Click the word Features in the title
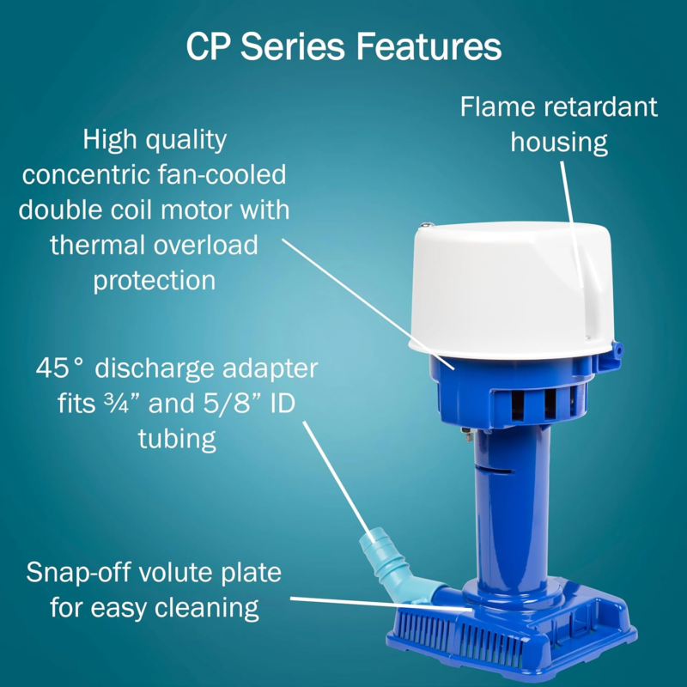point(429,46)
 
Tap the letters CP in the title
point(208,46)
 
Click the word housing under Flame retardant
point(559,143)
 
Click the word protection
point(155,281)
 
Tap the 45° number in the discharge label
point(59,368)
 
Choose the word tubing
point(177,439)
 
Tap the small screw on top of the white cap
point(425,225)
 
